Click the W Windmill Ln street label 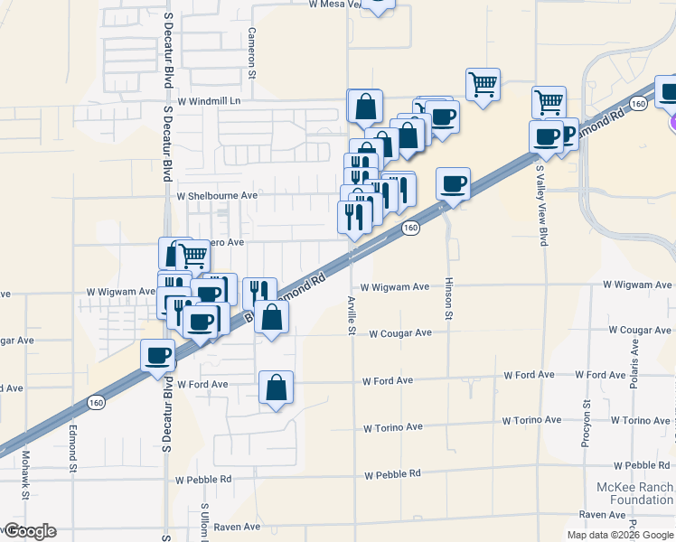(x=210, y=102)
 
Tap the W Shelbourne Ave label (x=217, y=195)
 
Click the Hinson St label (x=448, y=298)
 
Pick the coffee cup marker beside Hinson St (x=454, y=184)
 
